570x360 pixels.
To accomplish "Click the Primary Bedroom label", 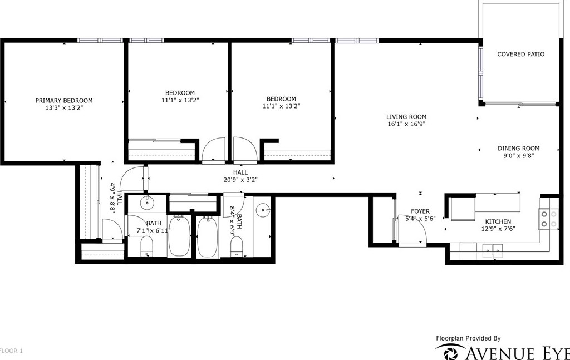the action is point(64,101).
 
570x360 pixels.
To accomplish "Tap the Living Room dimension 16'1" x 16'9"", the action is point(406,124).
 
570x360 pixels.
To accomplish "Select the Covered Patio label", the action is point(520,54).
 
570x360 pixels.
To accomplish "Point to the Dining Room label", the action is point(518,148).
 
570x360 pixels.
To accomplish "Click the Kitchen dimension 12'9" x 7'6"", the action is point(498,229).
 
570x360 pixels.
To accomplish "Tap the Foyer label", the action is point(420,211).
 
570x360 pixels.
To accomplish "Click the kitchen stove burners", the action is point(548,219).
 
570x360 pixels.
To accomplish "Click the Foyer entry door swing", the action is point(412,229).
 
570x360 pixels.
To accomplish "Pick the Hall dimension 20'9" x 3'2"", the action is point(240,180).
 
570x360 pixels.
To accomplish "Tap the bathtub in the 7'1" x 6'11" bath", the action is point(179,236).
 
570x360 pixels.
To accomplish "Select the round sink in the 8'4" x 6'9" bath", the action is point(262,210).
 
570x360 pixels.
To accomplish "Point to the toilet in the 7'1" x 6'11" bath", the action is point(146,246).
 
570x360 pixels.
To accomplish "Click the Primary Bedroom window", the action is point(101,40).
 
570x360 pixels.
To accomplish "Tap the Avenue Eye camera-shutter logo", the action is point(450,352).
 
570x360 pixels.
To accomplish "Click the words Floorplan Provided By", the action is point(468,338).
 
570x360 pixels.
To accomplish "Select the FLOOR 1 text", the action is point(11,351).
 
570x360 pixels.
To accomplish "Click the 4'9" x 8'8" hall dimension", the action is point(113,198).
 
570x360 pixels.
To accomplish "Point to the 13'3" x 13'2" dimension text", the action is point(64,107).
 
